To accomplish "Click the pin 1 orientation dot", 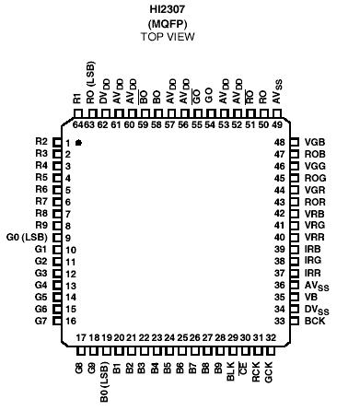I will click(81, 143).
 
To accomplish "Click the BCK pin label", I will click(314, 320).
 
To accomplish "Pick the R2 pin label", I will click(41, 141).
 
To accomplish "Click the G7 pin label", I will click(41, 320).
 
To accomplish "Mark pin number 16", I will click(69, 320).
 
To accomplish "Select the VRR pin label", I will click(314, 237).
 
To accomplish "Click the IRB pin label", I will click(313, 250).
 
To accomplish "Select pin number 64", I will click(78, 123).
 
